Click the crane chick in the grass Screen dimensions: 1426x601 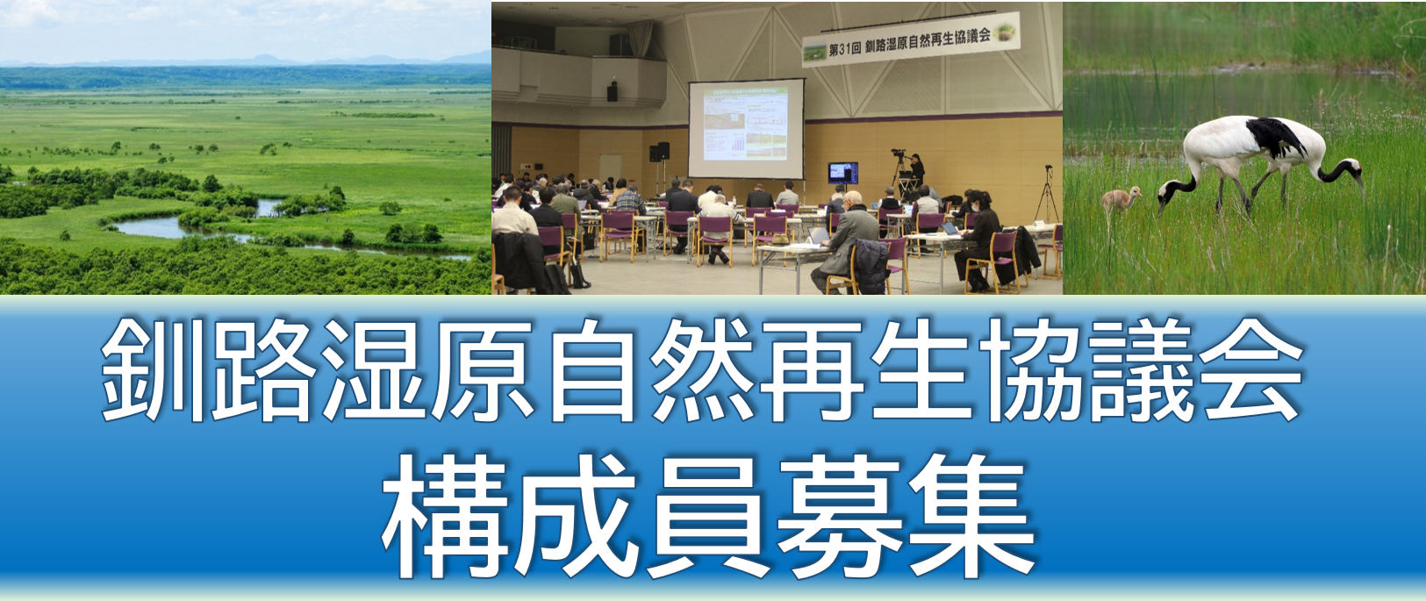1121,199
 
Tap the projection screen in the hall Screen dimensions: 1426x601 746,129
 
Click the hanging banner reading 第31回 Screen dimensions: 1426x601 910,40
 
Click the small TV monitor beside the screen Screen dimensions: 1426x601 842,173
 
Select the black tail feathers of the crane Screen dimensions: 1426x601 1277,137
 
